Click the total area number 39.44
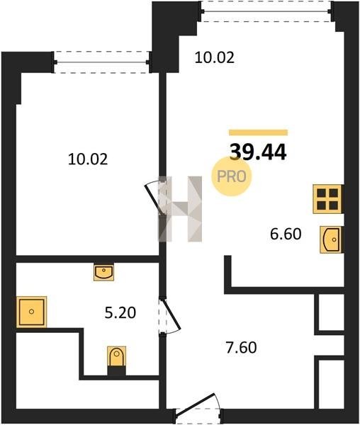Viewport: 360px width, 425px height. coord(258,152)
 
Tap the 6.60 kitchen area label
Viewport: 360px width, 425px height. coord(286,234)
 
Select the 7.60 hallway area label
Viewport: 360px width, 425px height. coord(241,348)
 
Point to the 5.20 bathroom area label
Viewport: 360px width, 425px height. coord(120,313)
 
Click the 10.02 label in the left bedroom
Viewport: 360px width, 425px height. coord(88,159)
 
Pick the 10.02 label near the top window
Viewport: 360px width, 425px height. coord(215,58)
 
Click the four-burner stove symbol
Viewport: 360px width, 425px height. coord(327,199)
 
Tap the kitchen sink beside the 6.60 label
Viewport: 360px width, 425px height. coord(332,239)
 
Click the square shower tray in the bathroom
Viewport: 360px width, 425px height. coord(31,312)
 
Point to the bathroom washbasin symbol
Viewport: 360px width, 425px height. coord(104,272)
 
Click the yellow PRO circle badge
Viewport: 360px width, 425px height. coord(232,176)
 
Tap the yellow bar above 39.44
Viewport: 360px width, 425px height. coord(259,132)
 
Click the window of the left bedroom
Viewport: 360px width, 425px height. coord(102,62)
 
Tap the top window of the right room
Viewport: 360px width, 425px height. coord(266,11)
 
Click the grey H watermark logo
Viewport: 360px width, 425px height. coord(180,209)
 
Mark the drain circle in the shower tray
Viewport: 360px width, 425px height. coord(31,312)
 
